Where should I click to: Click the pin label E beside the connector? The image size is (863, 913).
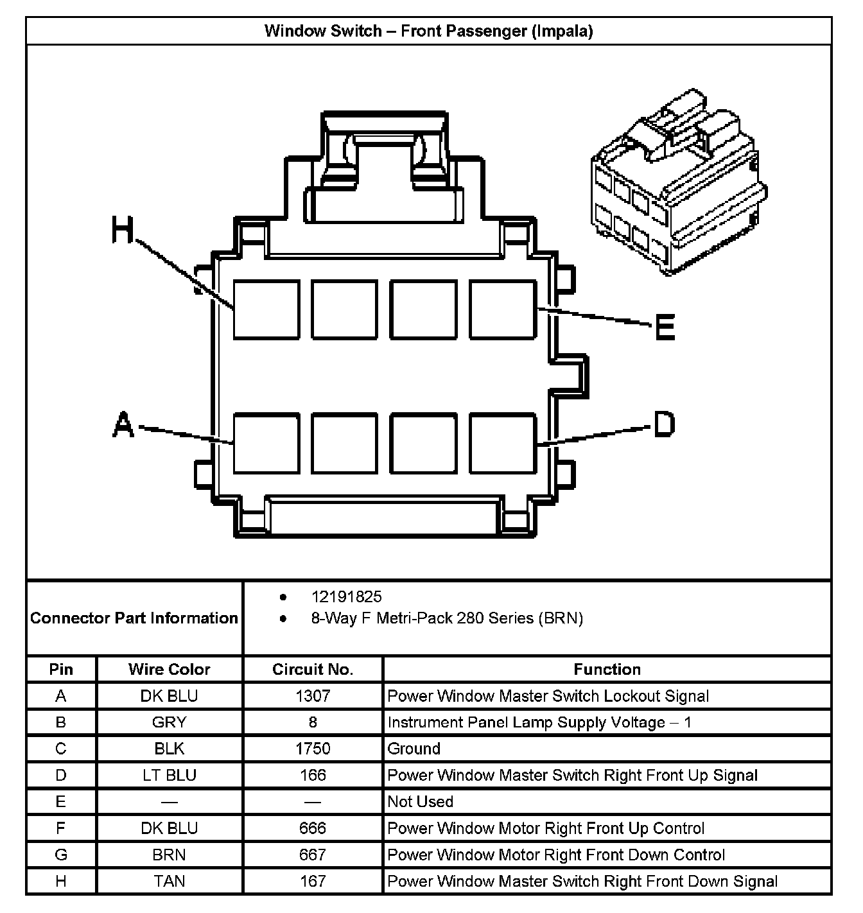click(665, 327)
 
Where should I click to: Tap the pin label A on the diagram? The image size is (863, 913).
click(123, 425)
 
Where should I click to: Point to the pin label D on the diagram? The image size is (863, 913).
click(664, 424)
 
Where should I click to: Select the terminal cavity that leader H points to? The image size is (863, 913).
click(266, 309)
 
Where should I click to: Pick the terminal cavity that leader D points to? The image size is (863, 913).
click(503, 444)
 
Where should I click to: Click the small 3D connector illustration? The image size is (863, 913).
click(678, 183)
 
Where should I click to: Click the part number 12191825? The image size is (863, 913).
click(346, 596)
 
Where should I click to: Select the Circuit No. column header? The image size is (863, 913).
click(313, 669)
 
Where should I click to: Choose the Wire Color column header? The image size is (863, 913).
click(169, 669)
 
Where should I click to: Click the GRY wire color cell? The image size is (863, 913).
click(169, 722)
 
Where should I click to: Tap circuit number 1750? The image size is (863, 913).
click(313, 749)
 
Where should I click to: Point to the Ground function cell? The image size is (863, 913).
click(414, 749)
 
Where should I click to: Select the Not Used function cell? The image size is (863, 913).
click(421, 801)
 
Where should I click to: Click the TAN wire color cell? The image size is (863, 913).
click(169, 881)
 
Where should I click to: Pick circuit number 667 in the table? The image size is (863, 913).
click(313, 855)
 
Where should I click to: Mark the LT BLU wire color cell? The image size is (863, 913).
click(169, 775)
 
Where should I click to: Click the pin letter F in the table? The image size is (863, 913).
click(61, 828)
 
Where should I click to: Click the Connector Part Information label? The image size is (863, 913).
click(134, 618)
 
